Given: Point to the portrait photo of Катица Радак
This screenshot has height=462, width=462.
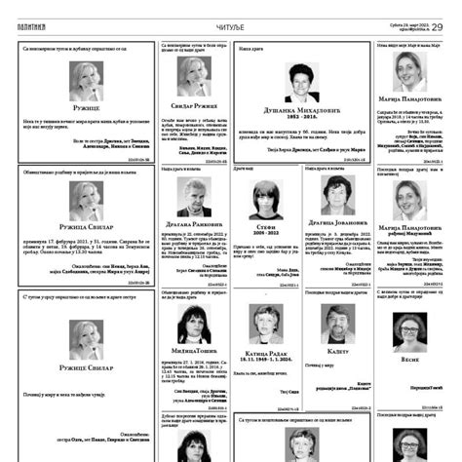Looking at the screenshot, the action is [x=265, y=322].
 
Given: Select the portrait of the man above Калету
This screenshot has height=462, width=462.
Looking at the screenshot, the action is [x=337, y=322].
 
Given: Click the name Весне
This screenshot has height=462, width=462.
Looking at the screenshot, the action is [x=408, y=360].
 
